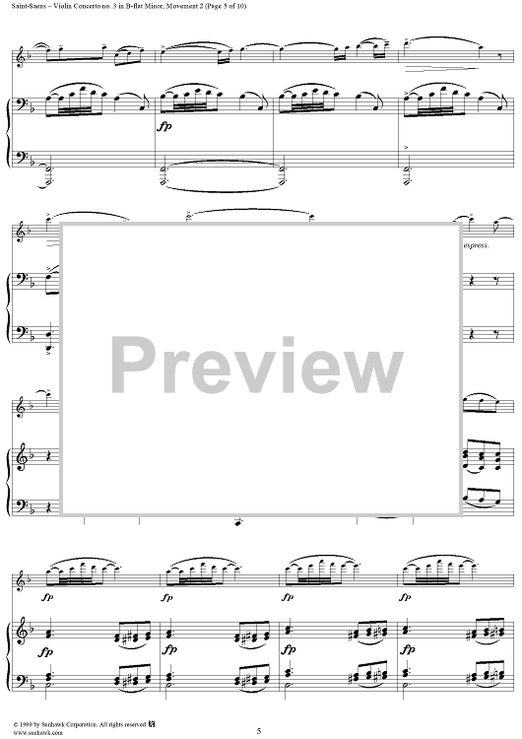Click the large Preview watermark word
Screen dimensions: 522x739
[x=256, y=366]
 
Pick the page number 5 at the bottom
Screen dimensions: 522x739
[x=259, y=731]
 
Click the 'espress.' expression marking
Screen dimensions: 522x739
[x=477, y=245]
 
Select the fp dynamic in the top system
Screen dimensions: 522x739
[x=164, y=127]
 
